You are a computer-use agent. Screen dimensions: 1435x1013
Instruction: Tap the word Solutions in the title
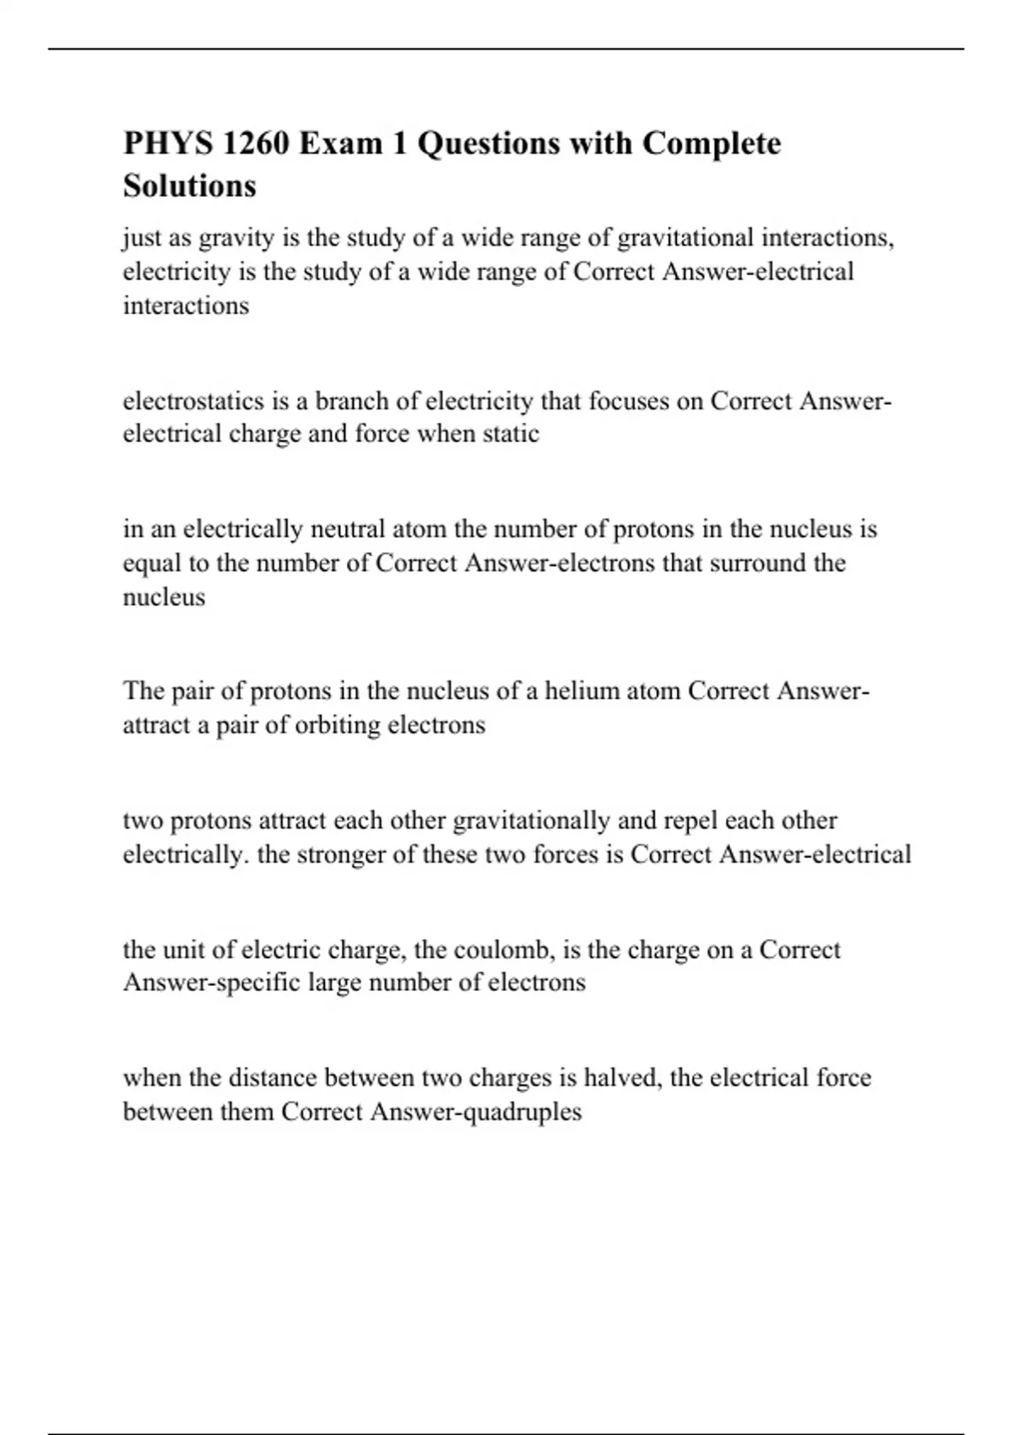click(190, 186)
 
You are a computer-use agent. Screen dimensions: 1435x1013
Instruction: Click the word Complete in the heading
click(712, 143)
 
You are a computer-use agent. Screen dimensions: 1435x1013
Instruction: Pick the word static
click(511, 434)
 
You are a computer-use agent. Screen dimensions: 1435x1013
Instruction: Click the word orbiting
click(337, 725)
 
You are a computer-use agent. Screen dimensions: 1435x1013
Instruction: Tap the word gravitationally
click(531, 820)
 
